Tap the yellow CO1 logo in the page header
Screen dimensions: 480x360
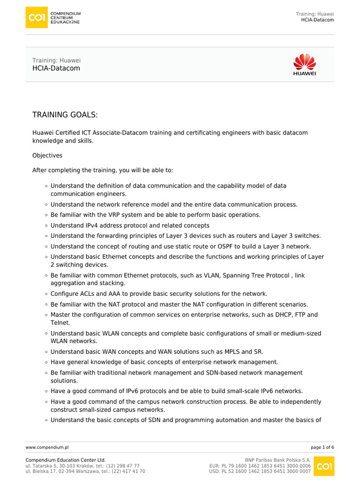37,17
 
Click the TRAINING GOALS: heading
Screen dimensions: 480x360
65,115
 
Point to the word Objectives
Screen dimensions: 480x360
47,155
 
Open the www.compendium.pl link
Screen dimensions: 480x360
47,448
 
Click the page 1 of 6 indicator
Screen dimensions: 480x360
322,448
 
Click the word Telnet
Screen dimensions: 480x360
60,323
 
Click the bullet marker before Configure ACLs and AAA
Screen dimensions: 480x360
46,294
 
